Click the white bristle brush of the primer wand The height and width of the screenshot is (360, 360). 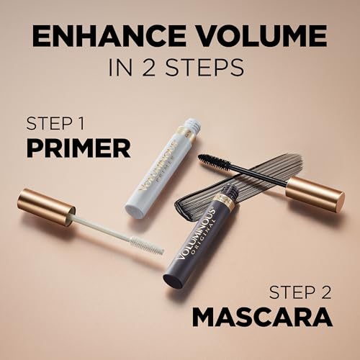[145, 246]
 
